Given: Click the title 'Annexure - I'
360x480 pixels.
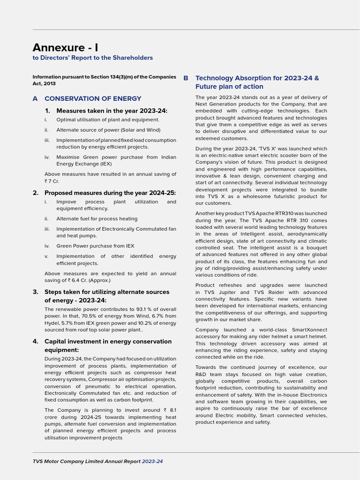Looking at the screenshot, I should [65, 47].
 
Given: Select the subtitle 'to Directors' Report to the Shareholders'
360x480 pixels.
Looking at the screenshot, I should [92, 58].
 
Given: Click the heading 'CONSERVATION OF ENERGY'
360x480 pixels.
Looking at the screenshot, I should [93, 98].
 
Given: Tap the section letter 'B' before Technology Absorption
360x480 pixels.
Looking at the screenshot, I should [186, 78].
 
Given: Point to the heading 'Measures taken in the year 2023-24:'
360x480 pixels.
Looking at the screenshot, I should [112, 111].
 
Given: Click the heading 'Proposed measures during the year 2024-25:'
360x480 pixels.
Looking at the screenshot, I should [110, 193].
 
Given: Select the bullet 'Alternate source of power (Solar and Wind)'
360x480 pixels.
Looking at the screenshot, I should [108, 130].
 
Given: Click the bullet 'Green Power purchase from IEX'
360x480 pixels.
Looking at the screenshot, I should [95, 246].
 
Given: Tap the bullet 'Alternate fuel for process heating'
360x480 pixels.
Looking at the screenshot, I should [97, 218].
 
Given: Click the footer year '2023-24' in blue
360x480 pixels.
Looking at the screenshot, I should [152, 461].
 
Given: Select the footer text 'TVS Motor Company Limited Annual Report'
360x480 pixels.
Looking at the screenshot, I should [87, 461].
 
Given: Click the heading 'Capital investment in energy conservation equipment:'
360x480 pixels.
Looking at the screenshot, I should [108, 346].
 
